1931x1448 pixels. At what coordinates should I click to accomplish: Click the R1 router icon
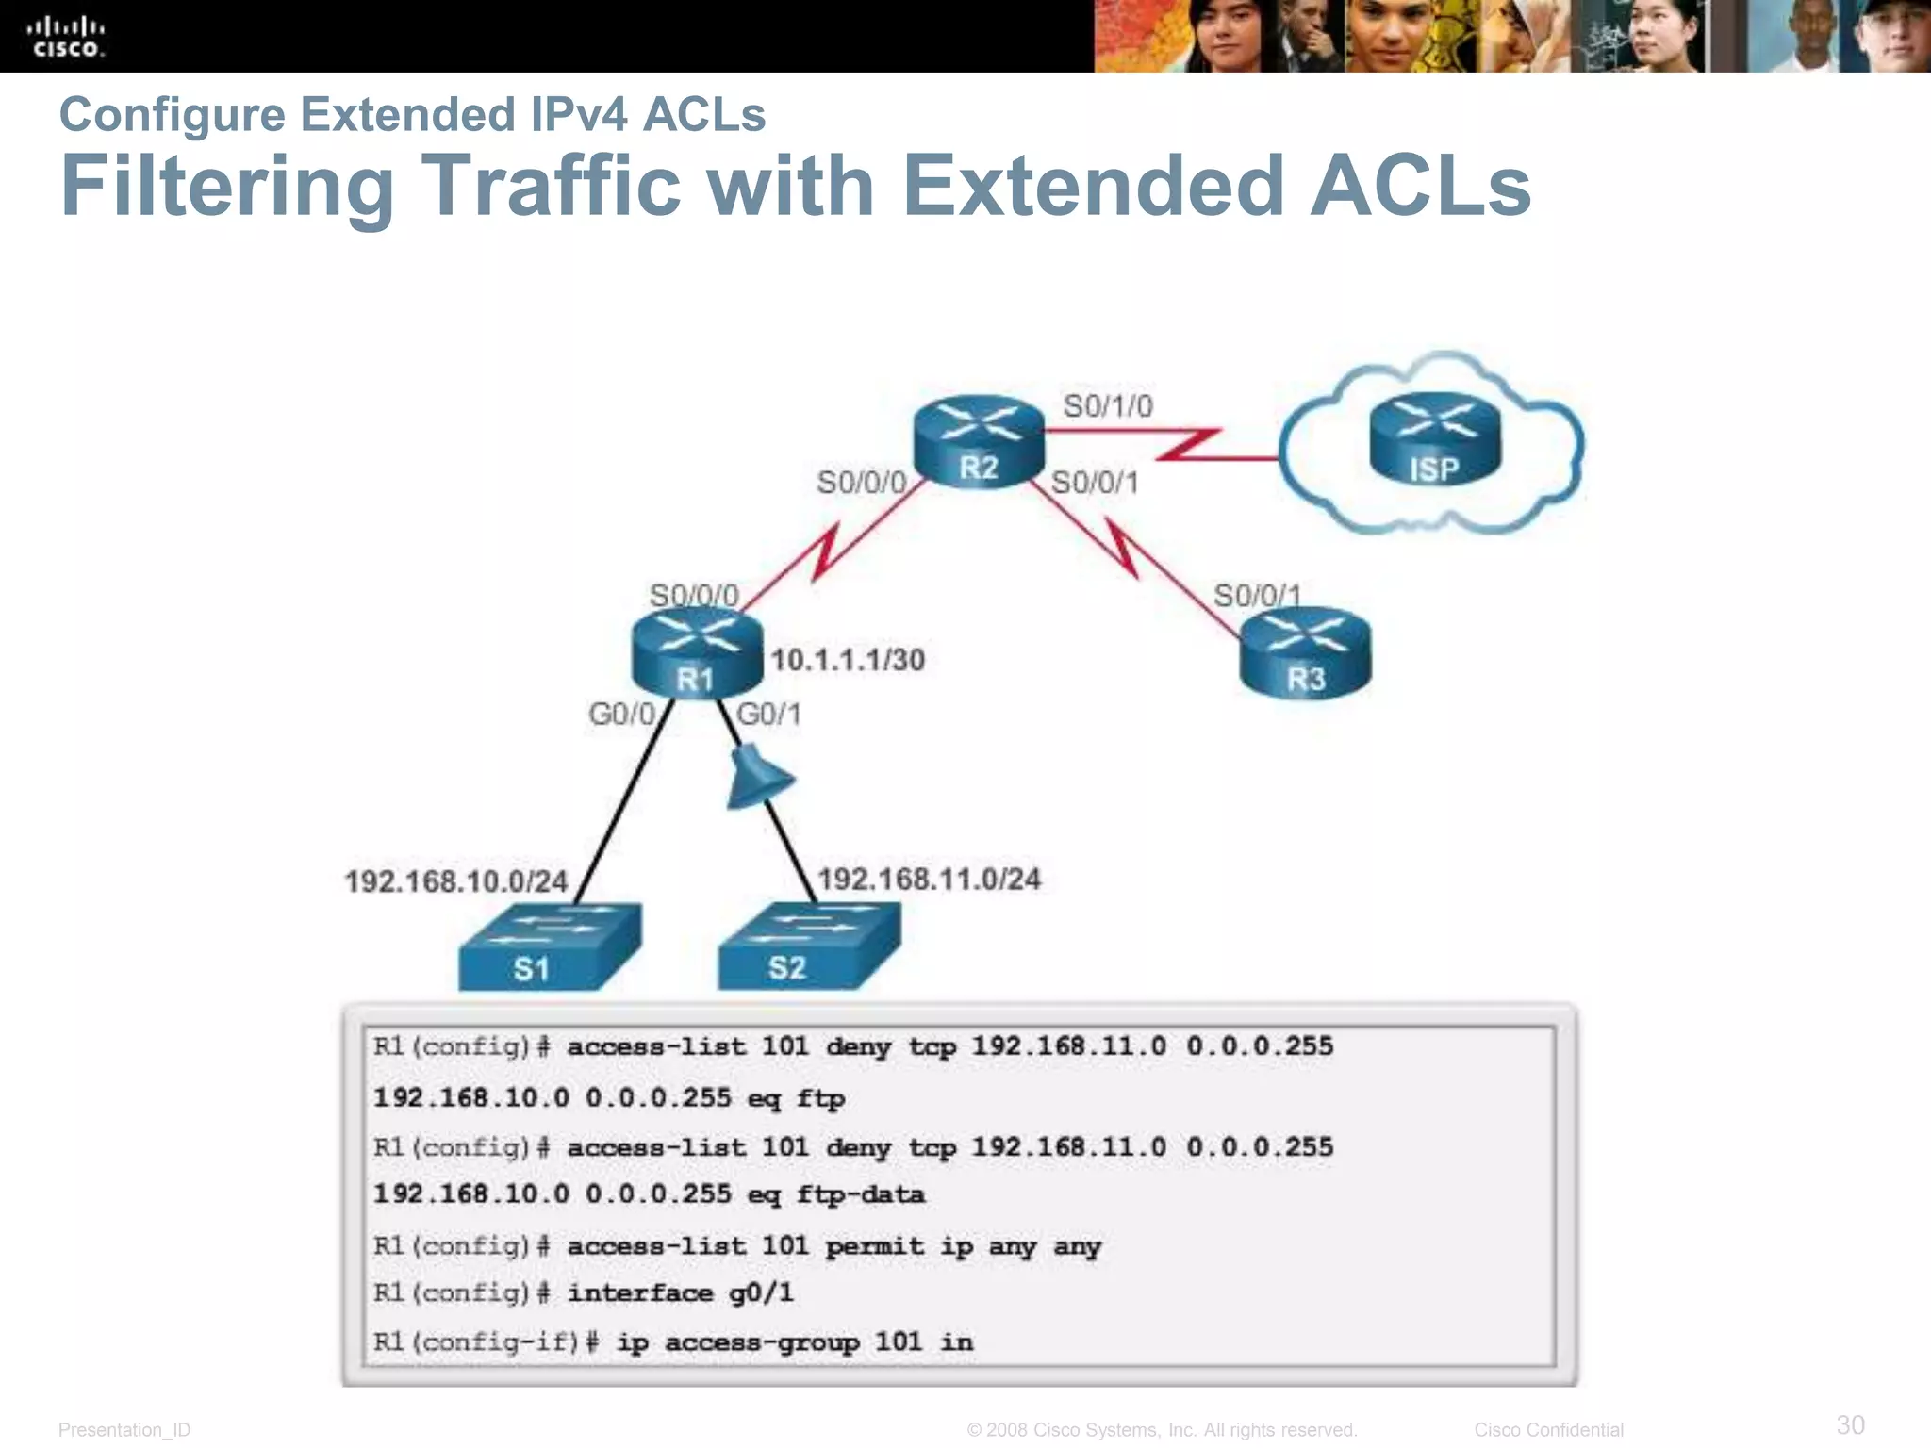coord(696,653)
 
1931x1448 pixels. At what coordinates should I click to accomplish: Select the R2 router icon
coord(979,441)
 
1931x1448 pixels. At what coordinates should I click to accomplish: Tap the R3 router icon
coord(1305,652)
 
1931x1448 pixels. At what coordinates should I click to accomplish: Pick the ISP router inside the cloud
coord(1434,439)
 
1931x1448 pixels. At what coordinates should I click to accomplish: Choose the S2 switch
coord(808,946)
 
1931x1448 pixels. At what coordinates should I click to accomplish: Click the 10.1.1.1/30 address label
coord(848,660)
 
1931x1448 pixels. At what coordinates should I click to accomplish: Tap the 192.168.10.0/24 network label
coord(455,881)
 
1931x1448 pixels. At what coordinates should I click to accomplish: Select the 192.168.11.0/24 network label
coord(929,880)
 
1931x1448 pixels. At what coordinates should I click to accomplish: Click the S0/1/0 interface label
coord(1107,406)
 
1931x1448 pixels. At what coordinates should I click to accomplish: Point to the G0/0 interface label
coord(621,715)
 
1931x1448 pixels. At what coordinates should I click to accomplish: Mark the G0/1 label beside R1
coord(768,715)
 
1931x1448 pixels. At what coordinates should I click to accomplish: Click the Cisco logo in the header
coord(66,37)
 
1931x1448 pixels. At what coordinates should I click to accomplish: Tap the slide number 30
coord(1850,1424)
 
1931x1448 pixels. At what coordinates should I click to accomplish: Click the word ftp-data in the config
coord(860,1194)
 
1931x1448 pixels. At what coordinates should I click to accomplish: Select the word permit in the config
coord(874,1246)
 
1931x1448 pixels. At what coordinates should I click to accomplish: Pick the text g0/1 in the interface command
coord(761,1292)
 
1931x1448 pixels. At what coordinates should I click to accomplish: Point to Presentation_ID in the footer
coord(124,1430)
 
